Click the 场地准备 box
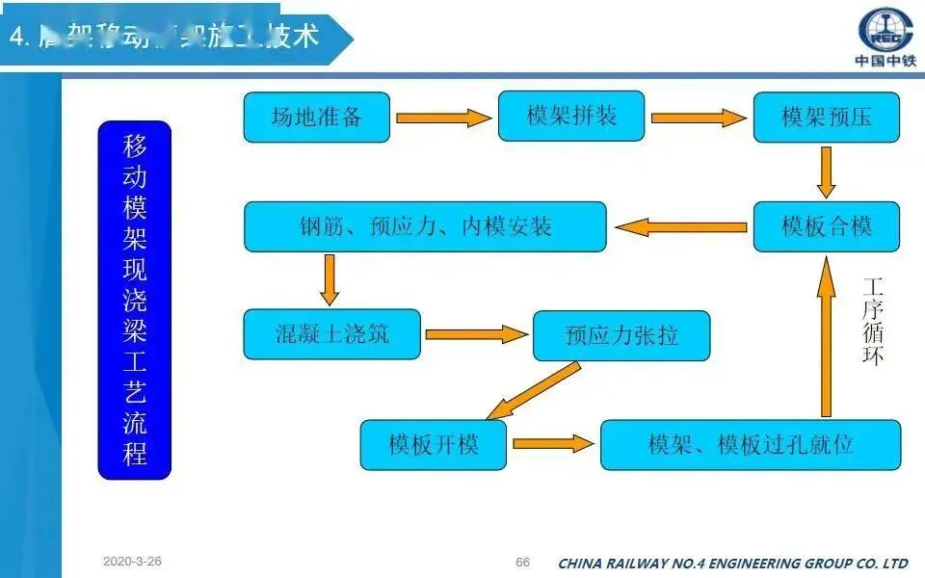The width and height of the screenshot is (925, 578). click(x=316, y=118)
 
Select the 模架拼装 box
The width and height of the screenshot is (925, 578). click(x=571, y=117)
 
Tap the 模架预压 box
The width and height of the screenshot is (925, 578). click(x=826, y=118)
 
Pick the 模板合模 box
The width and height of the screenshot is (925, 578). click(x=826, y=226)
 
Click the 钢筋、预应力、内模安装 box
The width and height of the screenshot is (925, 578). click(x=425, y=226)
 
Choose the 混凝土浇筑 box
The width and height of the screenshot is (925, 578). click(x=331, y=334)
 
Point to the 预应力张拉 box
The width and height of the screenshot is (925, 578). click(x=621, y=335)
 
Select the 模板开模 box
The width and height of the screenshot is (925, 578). click(x=433, y=444)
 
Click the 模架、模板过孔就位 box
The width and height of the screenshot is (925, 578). click(x=750, y=444)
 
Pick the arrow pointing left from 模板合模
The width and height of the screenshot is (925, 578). click(x=681, y=227)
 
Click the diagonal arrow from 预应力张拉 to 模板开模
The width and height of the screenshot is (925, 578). click(x=534, y=390)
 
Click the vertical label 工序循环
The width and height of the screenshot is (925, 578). click(x=872, y=321)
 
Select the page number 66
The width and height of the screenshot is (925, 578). click(x=523, y=563)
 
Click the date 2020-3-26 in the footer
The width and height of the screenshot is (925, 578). click(x=133, y=561)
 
